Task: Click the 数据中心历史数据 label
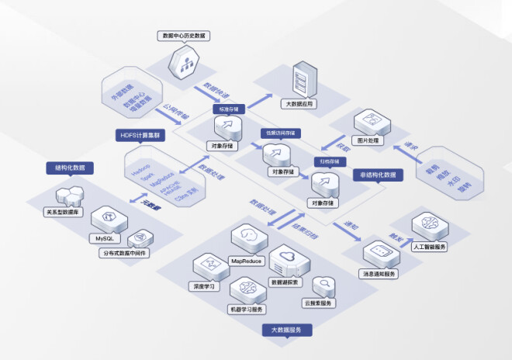pos(183,36)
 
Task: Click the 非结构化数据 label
pos(378,175)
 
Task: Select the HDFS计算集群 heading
pos(140,135)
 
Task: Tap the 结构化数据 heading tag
pos(70,168)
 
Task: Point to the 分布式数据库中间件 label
pos(123,254)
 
